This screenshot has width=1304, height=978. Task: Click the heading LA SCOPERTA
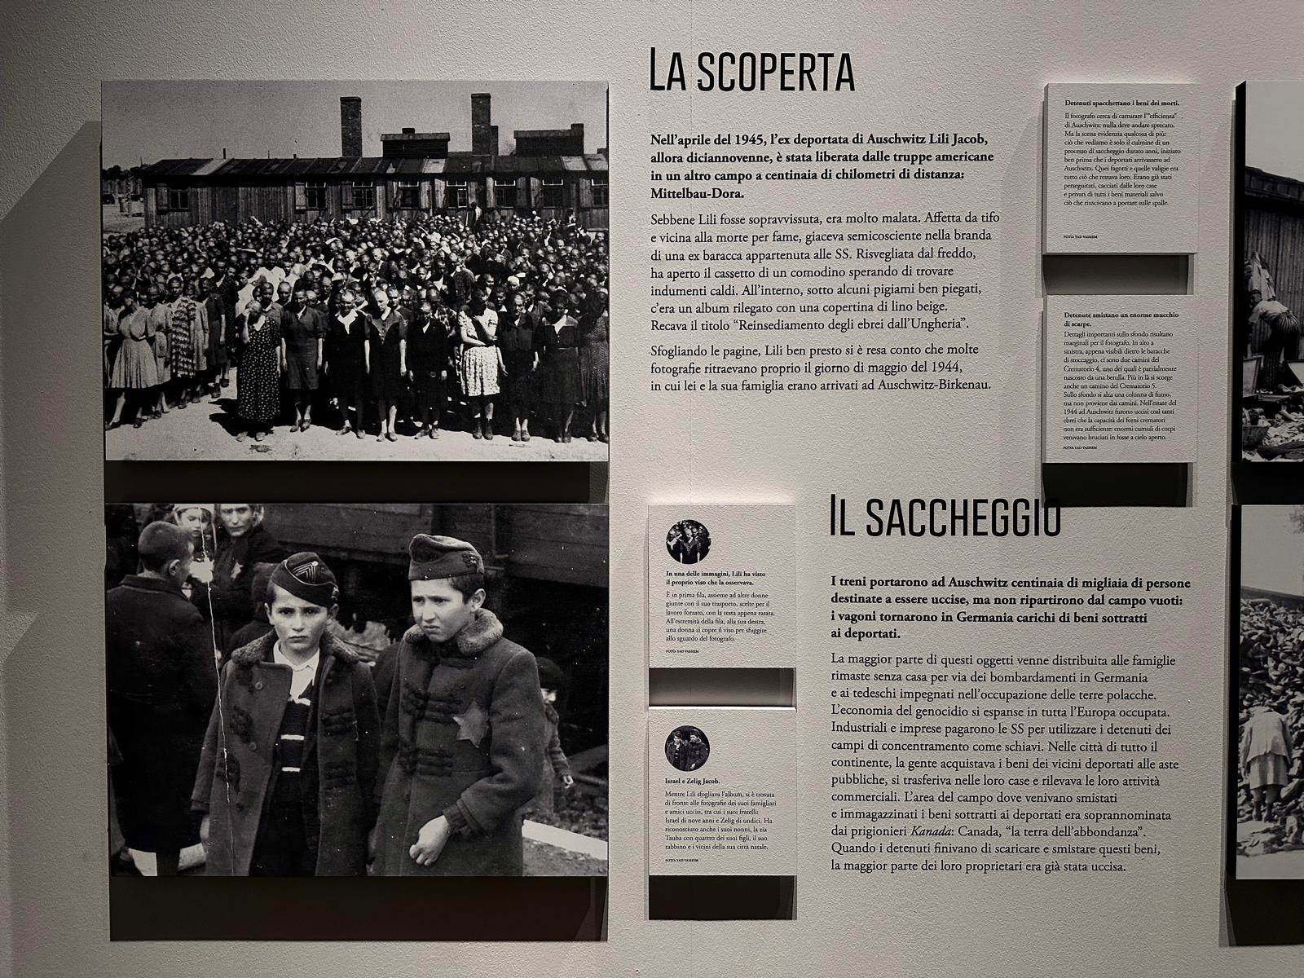pos(751,71)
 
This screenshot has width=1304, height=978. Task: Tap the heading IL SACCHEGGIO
pos(945,516)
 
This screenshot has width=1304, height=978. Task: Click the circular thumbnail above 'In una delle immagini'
pos(688,541)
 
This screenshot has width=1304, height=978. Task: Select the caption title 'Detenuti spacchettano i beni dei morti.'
pos(1121,104)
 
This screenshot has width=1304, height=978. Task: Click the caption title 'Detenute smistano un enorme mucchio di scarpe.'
pos(1121,319)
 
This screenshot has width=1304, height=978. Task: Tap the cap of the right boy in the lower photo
pos(436,557)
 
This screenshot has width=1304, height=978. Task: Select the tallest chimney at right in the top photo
pos(481,122)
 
